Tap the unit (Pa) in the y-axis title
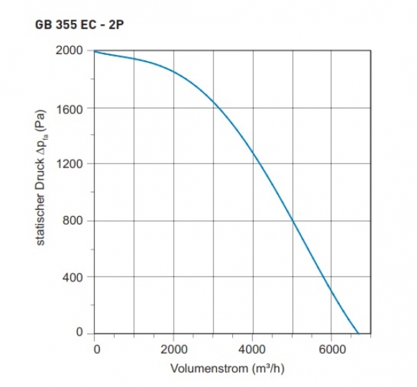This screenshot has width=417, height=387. coord(41,116)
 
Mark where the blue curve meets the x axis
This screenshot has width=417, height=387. coord(358,334)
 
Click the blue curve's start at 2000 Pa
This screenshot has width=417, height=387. coord(95,51)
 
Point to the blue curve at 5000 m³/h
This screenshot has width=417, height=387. coord(293,222)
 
